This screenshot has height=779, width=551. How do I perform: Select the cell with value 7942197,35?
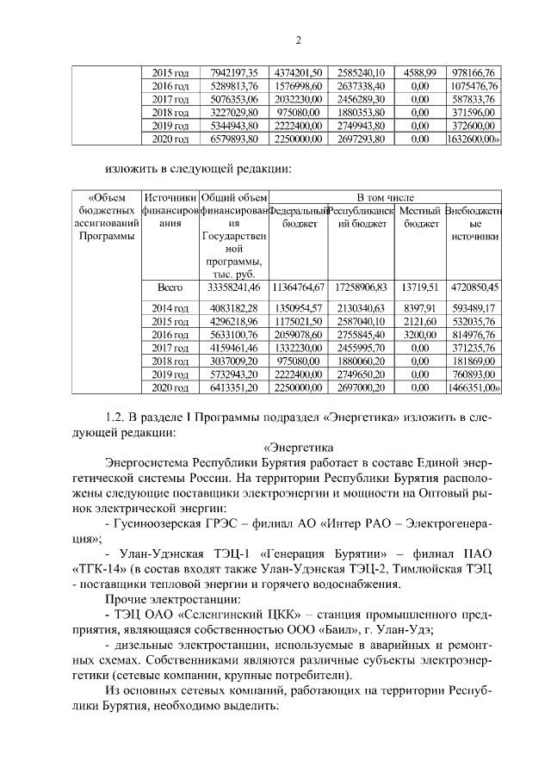pyautogui.click(x=233, y=73)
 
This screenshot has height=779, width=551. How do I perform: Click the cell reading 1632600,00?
pyautogui.click(x=474, y=138)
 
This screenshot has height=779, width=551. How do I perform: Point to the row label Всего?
pyautogui.click(x=170, y=287)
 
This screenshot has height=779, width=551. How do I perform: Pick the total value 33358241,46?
pyautogui.click(x=233, y=287)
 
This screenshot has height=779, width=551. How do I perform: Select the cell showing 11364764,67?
pyautogui.click(x=298, y=287)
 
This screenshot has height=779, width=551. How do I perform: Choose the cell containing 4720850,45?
pyautogui.click(x=474, y=287)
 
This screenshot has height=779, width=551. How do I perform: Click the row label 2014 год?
pyautogui.click(x=170, y=308)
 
